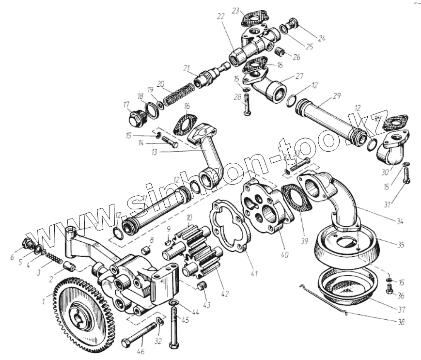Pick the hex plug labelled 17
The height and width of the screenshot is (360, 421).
(x=134, y=118)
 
